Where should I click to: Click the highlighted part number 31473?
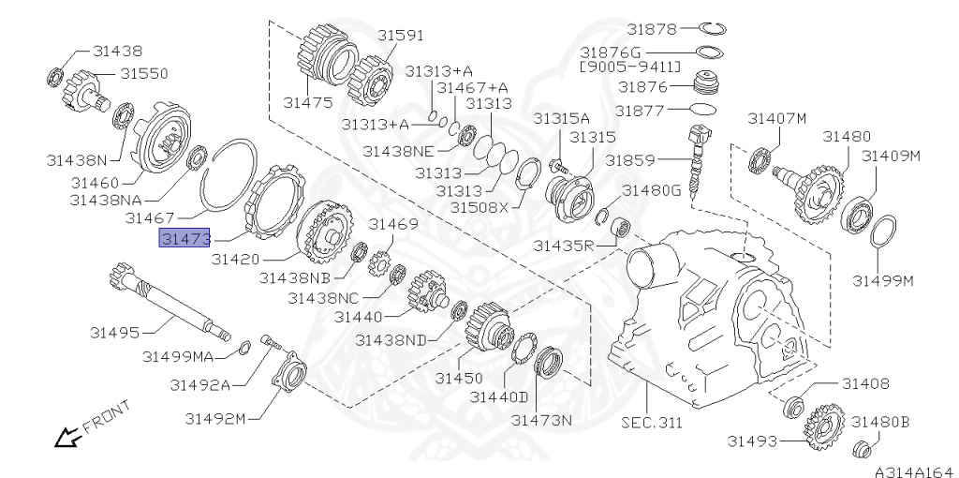tap(184, 237)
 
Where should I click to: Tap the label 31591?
tap(400, 35)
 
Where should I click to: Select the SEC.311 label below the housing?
tap(652, 422)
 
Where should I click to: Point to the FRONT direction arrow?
tap(68, 437)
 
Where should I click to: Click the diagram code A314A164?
tap(916, 471)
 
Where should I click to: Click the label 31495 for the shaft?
tap(114, 333)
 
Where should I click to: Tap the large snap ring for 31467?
tap(229, 174)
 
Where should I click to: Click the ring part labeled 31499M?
tap(882, 232)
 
